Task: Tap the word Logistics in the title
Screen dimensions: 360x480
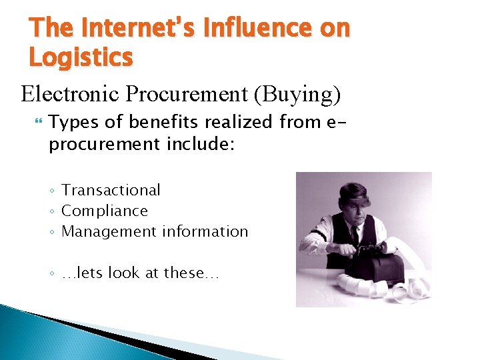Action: coord(81,57)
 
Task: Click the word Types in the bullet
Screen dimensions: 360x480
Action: coord(71,123)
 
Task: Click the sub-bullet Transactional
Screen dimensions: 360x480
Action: coord(111,191)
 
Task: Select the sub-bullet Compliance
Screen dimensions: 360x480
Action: coord(104,211)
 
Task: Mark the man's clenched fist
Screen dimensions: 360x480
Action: coord(347,252)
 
